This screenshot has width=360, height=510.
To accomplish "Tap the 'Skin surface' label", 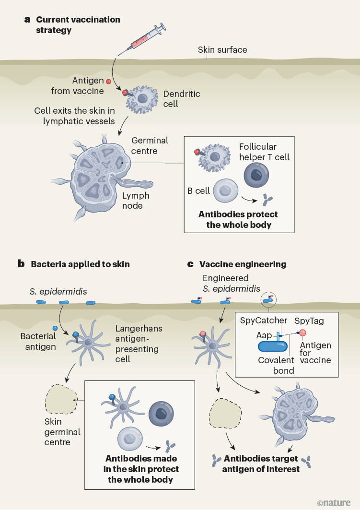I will point(222,50).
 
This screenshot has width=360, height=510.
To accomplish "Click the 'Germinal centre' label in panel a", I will point(150,146).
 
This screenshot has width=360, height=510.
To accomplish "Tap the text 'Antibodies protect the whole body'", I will point(238,219).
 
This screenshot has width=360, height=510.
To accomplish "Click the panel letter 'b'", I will point(21,264).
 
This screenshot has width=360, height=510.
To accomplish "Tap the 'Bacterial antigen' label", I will point(38,341).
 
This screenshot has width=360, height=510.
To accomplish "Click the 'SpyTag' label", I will point(309,320).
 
